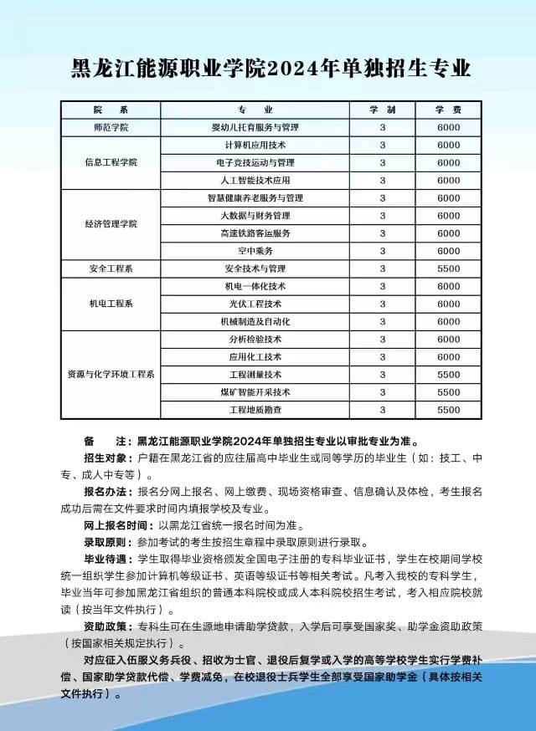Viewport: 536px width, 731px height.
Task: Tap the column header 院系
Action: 111,110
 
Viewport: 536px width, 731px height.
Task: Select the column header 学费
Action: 449,110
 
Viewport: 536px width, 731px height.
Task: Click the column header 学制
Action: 383,110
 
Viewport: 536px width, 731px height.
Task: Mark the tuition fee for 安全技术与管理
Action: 449,268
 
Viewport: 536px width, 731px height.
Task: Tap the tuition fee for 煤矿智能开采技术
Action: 449,392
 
